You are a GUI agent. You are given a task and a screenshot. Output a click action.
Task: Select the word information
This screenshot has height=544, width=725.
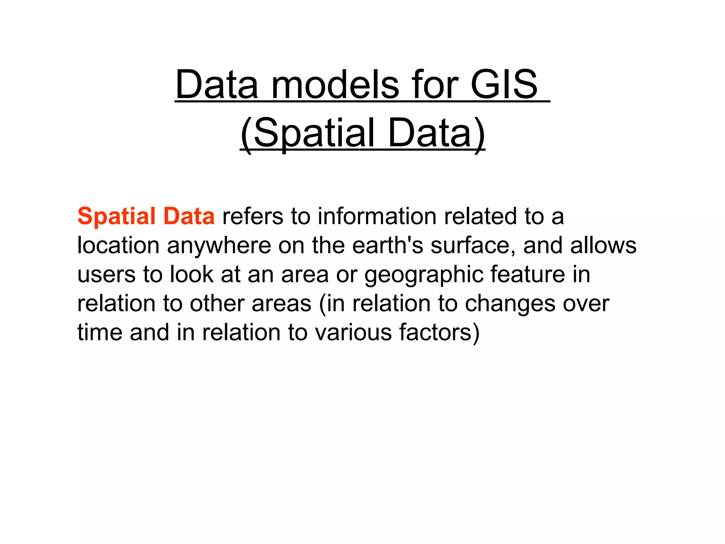(377, 216)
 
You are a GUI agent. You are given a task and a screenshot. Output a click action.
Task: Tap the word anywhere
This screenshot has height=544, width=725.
(219, 245)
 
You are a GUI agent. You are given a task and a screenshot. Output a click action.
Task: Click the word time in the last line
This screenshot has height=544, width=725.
(99, 332)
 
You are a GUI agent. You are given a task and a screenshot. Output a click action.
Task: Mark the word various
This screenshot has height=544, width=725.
(353, 332)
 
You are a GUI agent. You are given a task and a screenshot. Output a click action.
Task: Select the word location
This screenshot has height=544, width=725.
(118, 245)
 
